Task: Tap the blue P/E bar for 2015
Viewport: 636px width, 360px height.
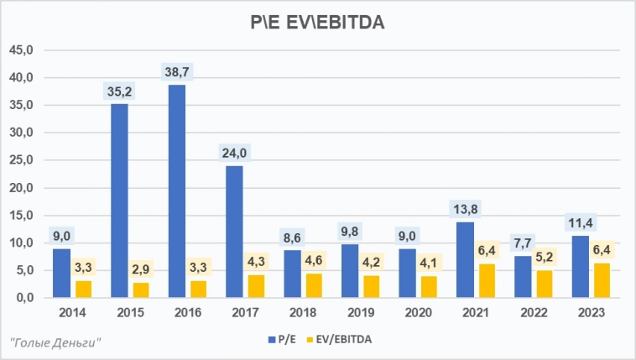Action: [x=119, y=201]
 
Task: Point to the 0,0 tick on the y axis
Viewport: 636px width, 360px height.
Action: [x=23, y=298]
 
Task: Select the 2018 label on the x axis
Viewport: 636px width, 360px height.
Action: [x=303, y=314]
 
